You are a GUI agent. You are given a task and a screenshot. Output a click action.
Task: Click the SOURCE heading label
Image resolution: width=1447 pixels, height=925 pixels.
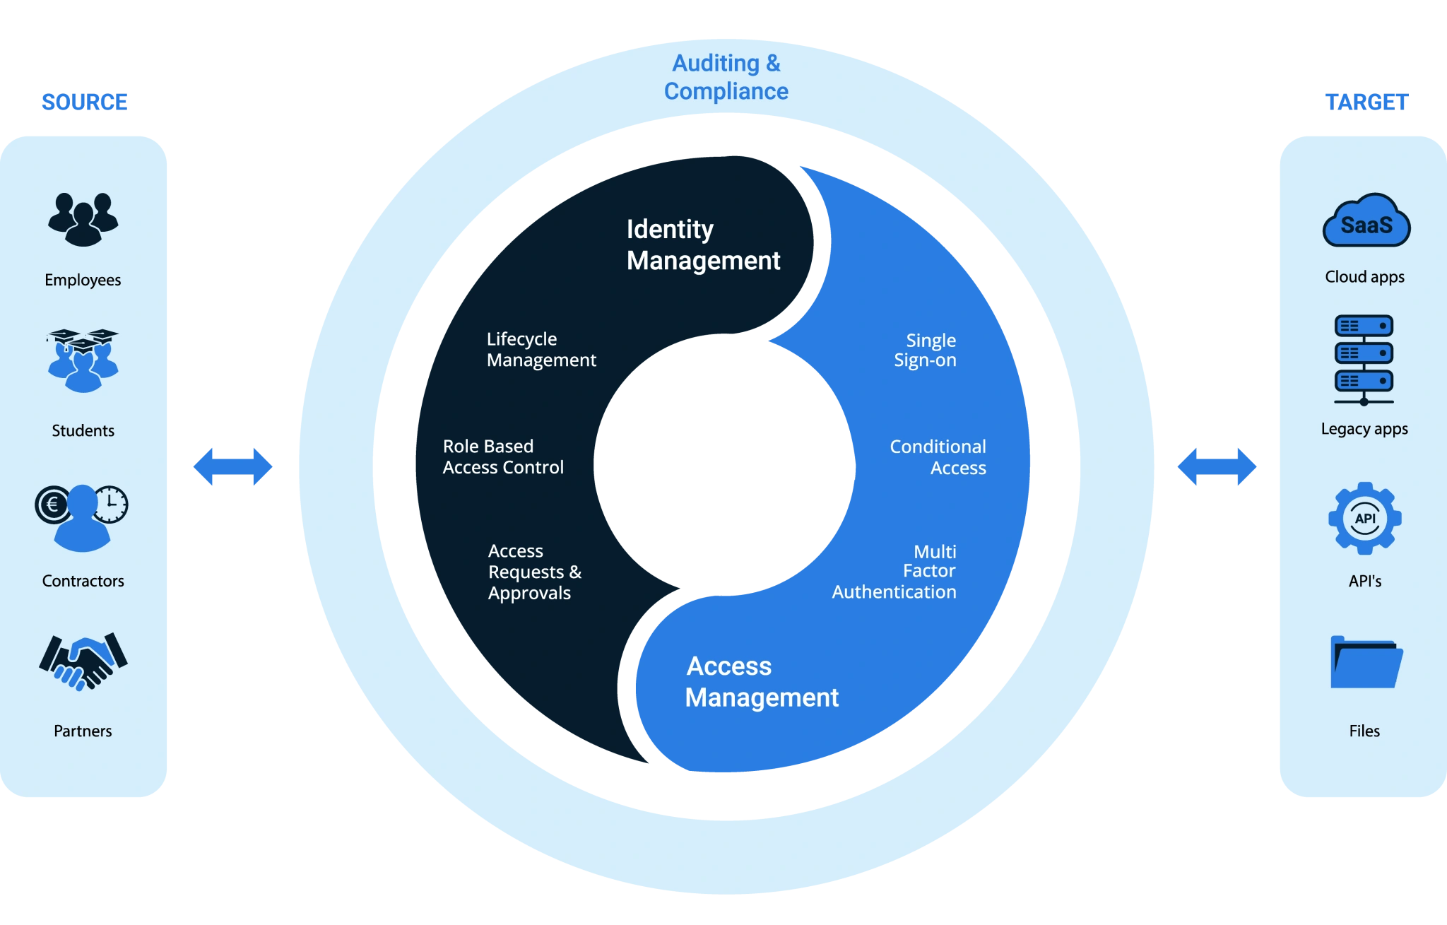[84, 102]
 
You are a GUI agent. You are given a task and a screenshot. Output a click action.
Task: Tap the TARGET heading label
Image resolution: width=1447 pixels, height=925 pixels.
[1367, 102]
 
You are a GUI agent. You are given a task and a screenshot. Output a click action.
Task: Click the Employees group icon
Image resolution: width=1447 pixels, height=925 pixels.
[83, 219]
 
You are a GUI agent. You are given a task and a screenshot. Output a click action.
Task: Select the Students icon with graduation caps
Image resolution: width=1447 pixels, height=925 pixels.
[83, 360]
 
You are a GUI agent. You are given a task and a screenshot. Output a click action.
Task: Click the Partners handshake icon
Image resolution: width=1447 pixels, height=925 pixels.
[83, 661]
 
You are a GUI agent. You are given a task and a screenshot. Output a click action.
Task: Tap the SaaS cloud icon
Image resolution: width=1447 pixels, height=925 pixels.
[1366, 221]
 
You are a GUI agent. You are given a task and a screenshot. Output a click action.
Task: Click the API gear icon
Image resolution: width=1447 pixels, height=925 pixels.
[1365, 519]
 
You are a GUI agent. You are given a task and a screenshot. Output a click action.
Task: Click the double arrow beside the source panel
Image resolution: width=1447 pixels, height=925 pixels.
[234, 466]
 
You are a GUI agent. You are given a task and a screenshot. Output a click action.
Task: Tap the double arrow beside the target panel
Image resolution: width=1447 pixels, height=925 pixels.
[1217, 466]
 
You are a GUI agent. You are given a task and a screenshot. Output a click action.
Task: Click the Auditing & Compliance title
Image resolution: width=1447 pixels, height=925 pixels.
[726, 77]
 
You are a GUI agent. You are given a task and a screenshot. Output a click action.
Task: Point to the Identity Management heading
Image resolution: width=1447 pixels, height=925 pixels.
[703, 244]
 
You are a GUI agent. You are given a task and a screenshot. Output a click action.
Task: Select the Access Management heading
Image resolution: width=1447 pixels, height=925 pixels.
[762, 682]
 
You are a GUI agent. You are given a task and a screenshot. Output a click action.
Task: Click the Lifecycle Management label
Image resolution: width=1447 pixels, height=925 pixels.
[541, 350]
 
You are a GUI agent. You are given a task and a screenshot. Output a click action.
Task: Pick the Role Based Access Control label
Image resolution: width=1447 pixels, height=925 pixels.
[503, 457]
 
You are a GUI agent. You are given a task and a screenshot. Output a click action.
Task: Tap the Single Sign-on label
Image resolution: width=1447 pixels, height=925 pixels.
[925, 350]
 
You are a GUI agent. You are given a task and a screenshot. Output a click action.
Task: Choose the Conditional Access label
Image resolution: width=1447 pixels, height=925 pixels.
[938, 457]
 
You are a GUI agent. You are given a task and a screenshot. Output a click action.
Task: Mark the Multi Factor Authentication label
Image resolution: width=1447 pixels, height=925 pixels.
[894, 572]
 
